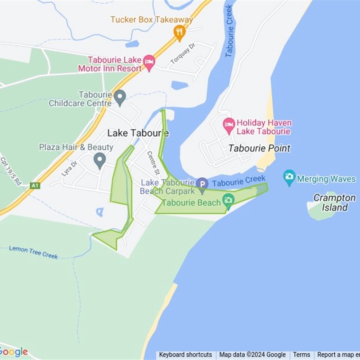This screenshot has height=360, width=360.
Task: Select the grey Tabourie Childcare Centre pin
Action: click(x=119, y=97)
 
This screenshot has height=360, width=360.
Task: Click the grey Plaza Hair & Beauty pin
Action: click(x=99, y=159)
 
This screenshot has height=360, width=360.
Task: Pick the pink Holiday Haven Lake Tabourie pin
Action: click(x=229, y=125)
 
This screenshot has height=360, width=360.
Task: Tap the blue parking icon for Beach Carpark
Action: click(x=202, y=184)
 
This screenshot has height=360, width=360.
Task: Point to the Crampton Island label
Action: click(x=334, y=202)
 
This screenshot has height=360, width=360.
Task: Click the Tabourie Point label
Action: click(x=259, y=148)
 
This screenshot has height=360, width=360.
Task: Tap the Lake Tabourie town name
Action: click(x=138, y=133)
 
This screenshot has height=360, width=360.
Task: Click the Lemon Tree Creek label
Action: click(x=33, y=252)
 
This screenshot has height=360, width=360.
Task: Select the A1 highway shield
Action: click(x=35, y=185)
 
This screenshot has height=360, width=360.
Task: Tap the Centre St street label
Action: click(x=153, y=162)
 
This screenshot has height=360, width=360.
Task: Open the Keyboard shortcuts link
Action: click(x=185, y=355)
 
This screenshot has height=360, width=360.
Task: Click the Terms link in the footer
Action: click(x=301, y=355)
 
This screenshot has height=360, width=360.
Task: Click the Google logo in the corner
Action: click(x=14, y=352)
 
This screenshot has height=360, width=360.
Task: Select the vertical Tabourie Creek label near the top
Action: click(x=229, y=31)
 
